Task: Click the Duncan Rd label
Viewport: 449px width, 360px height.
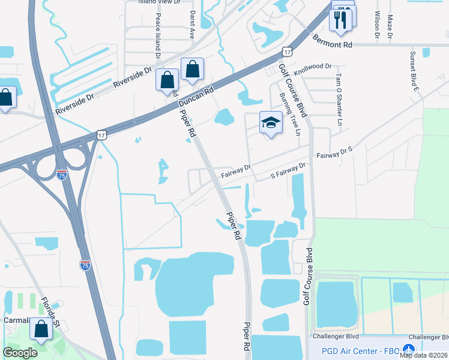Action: click(200, 96)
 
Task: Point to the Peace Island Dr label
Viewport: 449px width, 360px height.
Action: click(158, 35)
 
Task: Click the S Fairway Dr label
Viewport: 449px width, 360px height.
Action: click(288, 170)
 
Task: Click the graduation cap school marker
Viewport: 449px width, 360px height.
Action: click(271, 122)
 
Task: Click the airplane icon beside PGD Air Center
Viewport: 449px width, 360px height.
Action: click(409, 350)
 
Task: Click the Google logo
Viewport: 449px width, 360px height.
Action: click(20, 353)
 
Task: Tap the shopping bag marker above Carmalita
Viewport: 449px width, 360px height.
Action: click(41, 329)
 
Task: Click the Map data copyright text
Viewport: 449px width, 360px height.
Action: click(423, 355)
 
